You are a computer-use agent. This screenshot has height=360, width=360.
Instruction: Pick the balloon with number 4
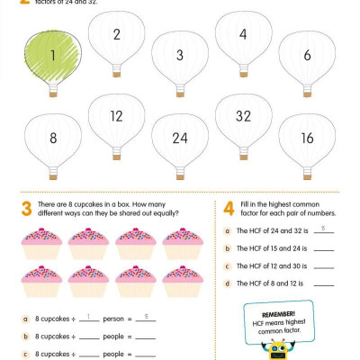pos(243,36)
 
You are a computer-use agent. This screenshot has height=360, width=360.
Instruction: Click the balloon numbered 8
pos(53,139)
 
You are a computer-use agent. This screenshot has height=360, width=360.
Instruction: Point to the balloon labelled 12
pos(116,118)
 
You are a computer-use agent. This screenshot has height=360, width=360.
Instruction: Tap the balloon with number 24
pos(179,139)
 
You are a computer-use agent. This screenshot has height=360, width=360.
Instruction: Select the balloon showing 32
pos(243,118)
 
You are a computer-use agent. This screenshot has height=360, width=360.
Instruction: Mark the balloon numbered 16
pos(307,139)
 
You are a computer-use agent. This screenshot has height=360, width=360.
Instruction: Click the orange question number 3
pos(26,211)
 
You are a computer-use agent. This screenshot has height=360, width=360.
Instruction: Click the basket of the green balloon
pos(54,92)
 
